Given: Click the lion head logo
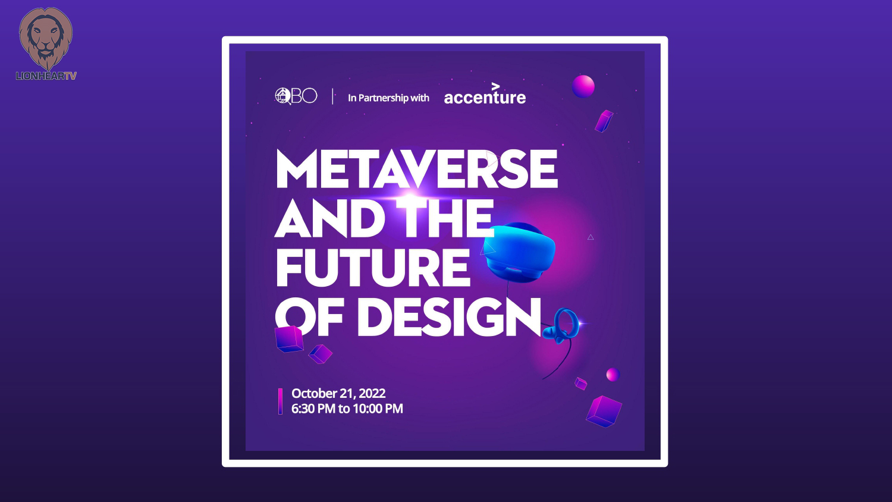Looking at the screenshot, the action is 46,38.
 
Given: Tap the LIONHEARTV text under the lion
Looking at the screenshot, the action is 46,76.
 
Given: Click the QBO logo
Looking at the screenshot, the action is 296,96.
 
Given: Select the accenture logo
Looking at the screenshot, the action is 485,94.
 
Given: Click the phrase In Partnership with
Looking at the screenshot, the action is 388,98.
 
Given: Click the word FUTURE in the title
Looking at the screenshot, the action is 372,267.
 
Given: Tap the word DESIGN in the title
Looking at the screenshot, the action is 449,318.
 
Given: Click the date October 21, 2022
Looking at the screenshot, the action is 338,393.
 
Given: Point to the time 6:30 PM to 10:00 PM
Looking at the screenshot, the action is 347,409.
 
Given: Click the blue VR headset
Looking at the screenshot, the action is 519,252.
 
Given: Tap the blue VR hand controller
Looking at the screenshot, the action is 561,326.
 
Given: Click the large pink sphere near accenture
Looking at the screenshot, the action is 583,86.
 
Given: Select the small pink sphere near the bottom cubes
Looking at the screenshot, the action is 613,375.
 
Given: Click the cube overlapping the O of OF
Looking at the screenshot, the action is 289,339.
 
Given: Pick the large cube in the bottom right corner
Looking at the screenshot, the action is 604,412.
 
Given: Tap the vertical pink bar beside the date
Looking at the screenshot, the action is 280,401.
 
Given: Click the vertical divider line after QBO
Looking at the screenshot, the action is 332,96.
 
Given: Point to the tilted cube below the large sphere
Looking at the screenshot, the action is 604,121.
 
